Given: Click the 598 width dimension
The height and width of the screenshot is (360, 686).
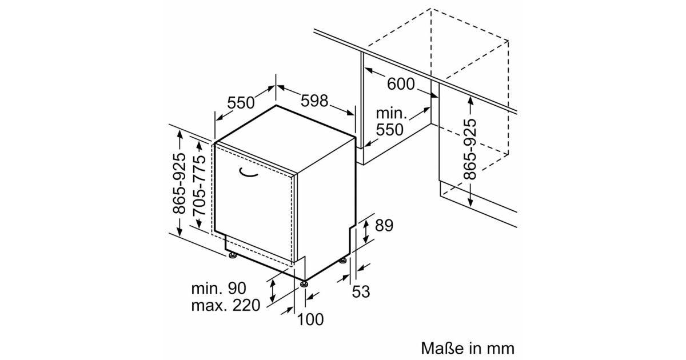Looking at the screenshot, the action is click(314, 101).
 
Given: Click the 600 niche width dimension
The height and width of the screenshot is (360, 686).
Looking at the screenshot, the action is click(401, 83).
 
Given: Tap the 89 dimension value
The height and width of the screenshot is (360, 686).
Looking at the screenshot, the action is click(384, 226).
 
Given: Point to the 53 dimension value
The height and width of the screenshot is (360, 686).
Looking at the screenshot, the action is click(361, 291).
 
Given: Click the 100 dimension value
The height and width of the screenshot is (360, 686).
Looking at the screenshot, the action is click(310, 319).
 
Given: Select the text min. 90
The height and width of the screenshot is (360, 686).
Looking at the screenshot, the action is click(218, 288).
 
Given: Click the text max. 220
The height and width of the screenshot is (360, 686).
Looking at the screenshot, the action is click(226, 305).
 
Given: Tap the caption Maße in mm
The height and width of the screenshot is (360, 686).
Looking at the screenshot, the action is click(468, 349).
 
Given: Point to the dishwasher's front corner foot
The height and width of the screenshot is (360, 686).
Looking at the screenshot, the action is click(304, 284).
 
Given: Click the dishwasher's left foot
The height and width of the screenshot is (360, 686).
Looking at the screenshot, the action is click(233, 255).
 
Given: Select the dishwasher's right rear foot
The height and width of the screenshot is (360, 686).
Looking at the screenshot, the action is click(343, 261).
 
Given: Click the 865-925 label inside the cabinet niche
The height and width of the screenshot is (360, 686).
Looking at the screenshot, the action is click(470, 149).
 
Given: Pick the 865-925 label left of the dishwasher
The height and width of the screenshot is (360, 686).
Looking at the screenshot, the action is click(179, 183).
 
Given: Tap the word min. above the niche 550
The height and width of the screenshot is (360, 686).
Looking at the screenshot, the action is click(392, 114).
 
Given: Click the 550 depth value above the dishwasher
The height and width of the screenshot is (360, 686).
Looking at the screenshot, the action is click(241, 102).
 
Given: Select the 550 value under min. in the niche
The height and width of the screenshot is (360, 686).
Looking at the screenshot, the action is click(389, 130).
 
